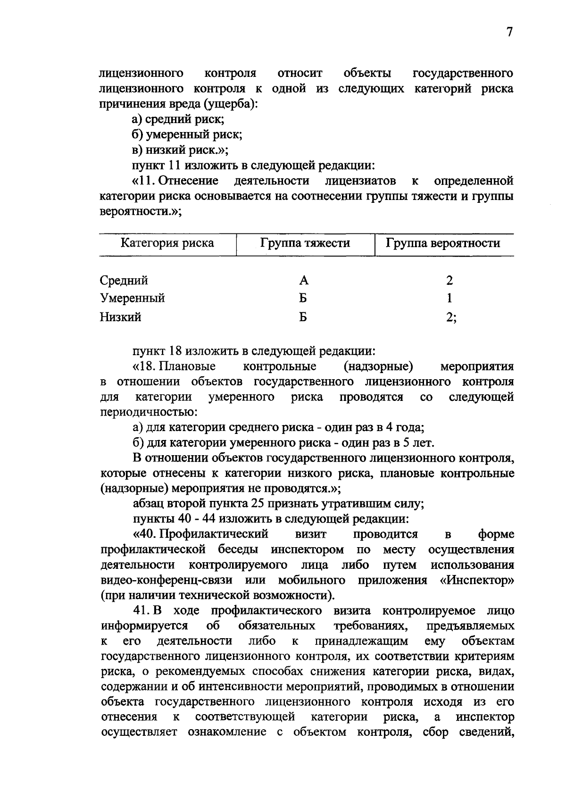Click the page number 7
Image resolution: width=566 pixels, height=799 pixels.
click(x=509, y=32)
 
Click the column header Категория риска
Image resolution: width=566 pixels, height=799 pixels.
click(x=167, y=243)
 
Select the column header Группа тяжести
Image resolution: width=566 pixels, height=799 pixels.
click(x=305, y=243)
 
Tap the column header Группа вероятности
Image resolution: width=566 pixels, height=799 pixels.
click(x=443, y=243)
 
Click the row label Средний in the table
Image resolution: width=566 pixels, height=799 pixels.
click(x=124, y=281)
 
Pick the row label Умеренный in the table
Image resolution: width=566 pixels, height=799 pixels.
click(x=133, y=299)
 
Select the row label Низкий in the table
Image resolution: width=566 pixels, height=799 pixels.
click(x=120, y=317)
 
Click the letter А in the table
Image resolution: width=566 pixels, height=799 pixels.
click(x=304, y=281)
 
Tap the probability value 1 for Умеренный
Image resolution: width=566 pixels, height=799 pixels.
click(x=449, y=299)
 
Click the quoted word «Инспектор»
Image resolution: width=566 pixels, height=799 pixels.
click(x=477, y=580)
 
